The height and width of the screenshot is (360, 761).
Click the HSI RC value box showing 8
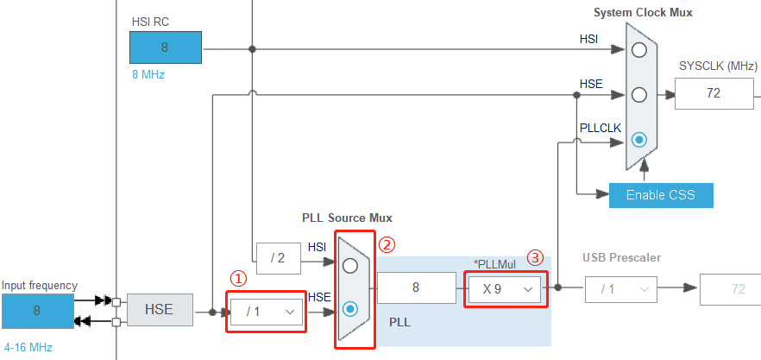pyautogui.click(x=166, y=47)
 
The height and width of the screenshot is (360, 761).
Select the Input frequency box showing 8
pyautogui.click(x=37, y=311)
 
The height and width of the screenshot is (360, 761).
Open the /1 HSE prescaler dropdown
pyautogui.click(x=266, y=311)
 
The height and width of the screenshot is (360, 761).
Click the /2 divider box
pyautogui.click(x=278, y=257)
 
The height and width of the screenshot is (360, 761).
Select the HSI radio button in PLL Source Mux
pyautogui.click(x=350, y=265)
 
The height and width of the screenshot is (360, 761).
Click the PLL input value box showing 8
pyautogui.click(x=416, y=288)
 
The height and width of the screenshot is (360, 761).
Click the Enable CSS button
pyautogui.click(x=661, y=194)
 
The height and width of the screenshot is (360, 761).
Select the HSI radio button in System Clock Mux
pyautogui.click(x=638, y=50)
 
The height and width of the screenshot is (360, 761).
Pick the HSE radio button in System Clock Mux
pyautogui.click(x=638, y=94)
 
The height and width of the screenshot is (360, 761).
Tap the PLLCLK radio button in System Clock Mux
pyautogui.click(x=638, y=138)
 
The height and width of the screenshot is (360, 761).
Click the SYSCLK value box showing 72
pyautogui.click(x=714, y=93)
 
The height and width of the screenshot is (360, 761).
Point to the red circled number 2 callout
pyautogui.click(x=387, y=244)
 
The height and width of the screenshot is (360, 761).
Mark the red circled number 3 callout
pyautogui.click(x=536, y=257)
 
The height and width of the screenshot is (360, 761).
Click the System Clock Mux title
pyautogui.click(x=643, y=12)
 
